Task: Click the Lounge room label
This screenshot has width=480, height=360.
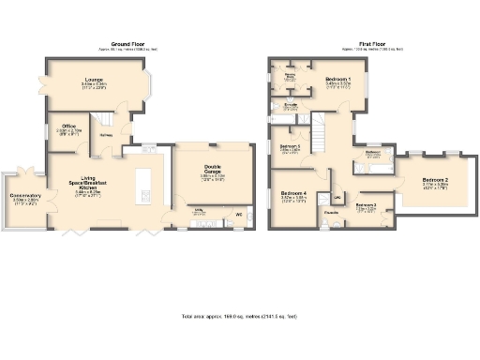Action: pos(93,82)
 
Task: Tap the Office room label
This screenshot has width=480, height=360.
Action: pos(68,127)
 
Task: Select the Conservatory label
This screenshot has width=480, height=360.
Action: pos(26,197)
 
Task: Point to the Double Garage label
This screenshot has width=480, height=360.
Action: pos(213,170)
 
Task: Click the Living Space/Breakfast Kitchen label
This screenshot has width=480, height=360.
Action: pos(94,185)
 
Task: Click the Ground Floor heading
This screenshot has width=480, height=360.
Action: pos(134,44)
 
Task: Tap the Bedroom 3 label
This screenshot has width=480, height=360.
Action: pos(366,204)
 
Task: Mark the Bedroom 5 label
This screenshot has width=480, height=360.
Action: pos(290,146)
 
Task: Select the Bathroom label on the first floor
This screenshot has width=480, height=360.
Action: pos(372,153)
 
